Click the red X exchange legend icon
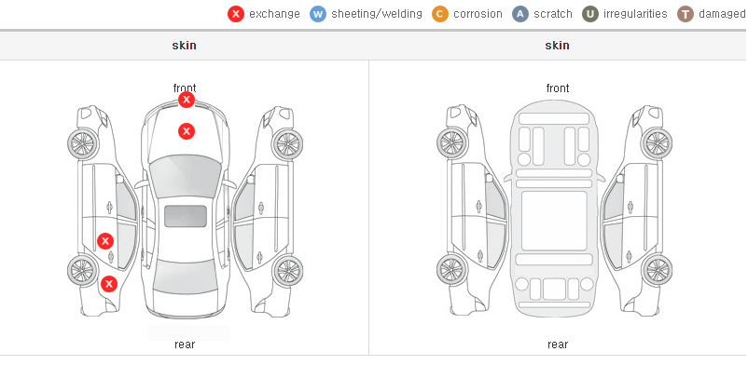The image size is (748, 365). click(236, 14)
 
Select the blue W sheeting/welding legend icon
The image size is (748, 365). click(318, 14)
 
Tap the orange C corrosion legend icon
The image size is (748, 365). click(440, 14)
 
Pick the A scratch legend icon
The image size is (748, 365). click(520, 14)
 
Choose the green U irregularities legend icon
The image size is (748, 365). click(590, 14)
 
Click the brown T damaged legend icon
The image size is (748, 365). click(685, 14)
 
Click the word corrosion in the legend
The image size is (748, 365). click(478, 14)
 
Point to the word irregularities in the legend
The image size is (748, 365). click(635, 14)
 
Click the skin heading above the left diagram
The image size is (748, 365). click(184, 46)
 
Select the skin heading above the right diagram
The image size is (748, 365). click(557, 46)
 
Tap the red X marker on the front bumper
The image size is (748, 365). click(187, 100)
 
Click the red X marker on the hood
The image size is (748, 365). click(187, 131)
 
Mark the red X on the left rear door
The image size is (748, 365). click(105, 241)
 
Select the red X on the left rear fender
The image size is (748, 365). click(109, 285)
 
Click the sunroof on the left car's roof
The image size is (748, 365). click(186, 216)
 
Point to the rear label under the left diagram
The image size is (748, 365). click(185, 345)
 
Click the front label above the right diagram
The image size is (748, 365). click(558, 88)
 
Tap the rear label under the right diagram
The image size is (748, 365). click(558, 345)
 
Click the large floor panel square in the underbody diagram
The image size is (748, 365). click(554, 221)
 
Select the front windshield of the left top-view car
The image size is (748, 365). click(186, 177)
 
